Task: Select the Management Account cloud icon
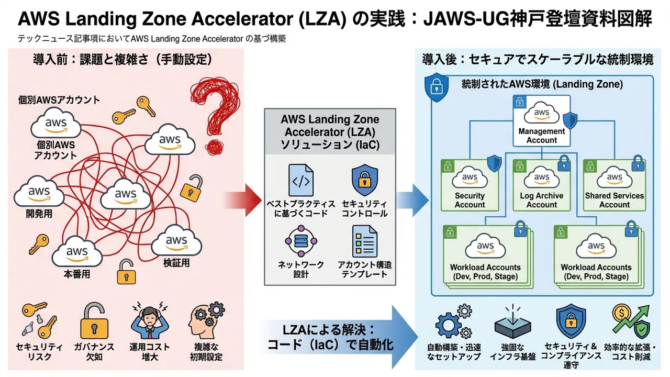point(541,112)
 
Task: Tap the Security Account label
point(470,200)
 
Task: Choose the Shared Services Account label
point(615,200)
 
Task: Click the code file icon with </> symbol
point(301,180)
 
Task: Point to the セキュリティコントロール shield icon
point(364,180)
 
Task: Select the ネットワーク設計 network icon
point(301,240)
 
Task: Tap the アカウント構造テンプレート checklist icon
point(364,240)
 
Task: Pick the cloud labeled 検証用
point(176,241)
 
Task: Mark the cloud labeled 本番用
point(77,252)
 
